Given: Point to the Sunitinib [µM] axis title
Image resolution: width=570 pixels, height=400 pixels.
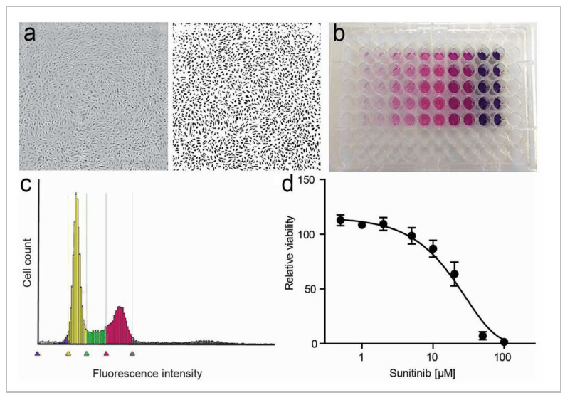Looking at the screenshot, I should point(422,373).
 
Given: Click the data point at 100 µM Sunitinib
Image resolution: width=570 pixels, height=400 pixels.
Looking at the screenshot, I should point(504,342).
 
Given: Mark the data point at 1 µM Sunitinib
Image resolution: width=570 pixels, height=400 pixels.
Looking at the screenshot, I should point(361,225).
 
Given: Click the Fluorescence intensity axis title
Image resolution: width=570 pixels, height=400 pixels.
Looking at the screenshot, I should point(147,373).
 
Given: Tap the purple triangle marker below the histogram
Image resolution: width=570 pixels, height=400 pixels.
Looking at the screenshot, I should point(38,352).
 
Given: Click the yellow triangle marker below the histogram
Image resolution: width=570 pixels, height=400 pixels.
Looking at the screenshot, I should point(68,352).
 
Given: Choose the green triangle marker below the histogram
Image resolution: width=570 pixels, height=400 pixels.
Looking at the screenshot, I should point(86,352).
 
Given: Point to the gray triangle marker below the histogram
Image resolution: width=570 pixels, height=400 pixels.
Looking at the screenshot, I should point(132,352).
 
